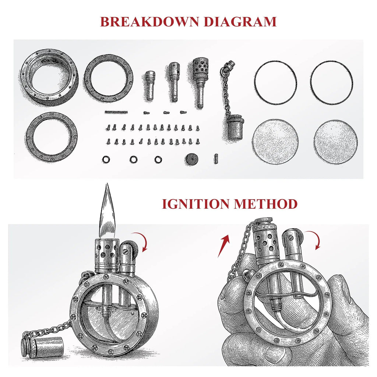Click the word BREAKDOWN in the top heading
pyautogui.click(x=149, y=22)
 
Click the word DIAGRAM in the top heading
pyautogui.click(x=240, y=22)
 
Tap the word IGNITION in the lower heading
pyautogui.click(x=196, y=204)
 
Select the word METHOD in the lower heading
pyautogui.click(x=266, y=204)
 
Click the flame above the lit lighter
pyautogui.click(x=107, y=212)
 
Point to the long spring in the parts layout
pyautogui.click(x=116, y=112)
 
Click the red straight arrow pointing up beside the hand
pyautogui.click(x=223, y=246)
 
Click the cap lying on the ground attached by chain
pyautogui.click(x=42, y=346)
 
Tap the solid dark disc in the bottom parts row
pyautogui.click(x=191, y=159)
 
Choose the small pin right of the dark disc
pyautogui.click(x=216, y=159)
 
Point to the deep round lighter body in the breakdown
pyautogui.click(x=49, y=77)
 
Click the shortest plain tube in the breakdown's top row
pyautogui.click(x=150, y=85)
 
